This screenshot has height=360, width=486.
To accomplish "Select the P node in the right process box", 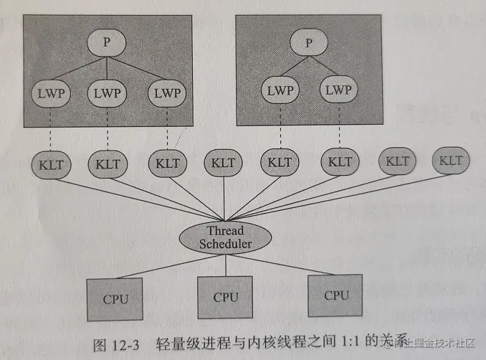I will coord(308,43).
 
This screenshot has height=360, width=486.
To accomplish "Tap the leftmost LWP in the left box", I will coord(48,94).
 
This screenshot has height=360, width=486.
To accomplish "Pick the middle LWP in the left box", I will coord(107,93).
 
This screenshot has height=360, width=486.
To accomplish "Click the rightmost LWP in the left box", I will coord(166,93).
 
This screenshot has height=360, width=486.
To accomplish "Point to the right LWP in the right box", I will coord(338,90).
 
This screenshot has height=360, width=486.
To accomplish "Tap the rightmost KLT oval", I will coord(451,160).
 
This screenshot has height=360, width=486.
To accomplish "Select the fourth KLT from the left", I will coord(224,162).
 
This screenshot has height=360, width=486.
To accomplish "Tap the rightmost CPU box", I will coord(335,295).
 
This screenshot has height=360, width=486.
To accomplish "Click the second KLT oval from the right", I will coord(396,161).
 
